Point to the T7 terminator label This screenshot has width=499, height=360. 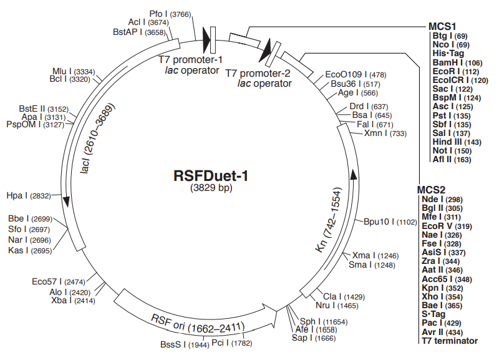pos(449,341)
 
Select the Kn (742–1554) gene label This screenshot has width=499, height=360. pos(329,218)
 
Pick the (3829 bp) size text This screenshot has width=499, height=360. pos(211,188)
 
